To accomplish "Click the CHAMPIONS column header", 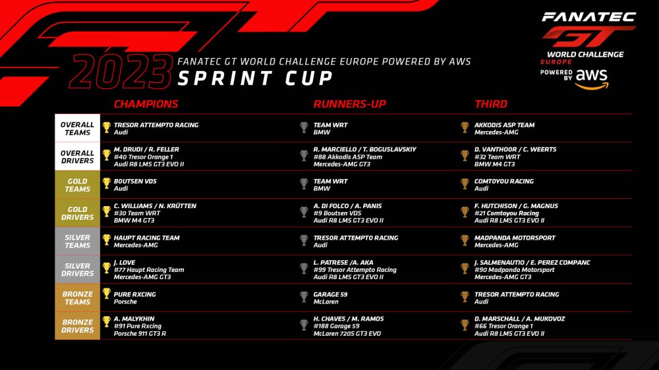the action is pyautogui.click(x=146, y=104).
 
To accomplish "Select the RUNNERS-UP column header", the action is pyautogui.click(x=350, y=104).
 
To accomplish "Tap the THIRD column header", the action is pyautogui.click(x=491, y=104).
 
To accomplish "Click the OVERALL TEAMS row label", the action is pyautogui.click(x=77, y=128).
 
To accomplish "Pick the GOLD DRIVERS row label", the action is pyautogui.click(x=77, y=213).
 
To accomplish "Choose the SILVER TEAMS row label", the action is pyautogui.click(x=77, y=241).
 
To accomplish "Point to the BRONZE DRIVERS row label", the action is pyautogui.click(x=77, y=326).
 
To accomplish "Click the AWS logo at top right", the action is pyautogui.click(x=592, y=79).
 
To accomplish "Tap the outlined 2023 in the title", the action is pyautogui.click(x=121, y=72).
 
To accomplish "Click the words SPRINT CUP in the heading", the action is pyautogui.click(x=255, y=78).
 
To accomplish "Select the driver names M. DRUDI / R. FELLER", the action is pyautogui.click(x=146, y=149).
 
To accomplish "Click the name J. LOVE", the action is pyautogui.click(x=125, y=263).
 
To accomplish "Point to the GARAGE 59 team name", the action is pyautogui.click(x=330, y=294).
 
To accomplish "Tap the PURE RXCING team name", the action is pyautogui.click(x=135, y=294).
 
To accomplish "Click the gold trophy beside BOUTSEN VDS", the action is pyautogui.click(x=107, y=184).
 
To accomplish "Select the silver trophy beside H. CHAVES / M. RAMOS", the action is pyautogui.click(x=304, y=325).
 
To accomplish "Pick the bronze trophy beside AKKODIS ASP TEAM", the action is pyautogui.click(x=465, y=127).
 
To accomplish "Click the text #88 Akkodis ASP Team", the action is pyautogui.click(x=347, y=157).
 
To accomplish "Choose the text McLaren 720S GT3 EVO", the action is pyautogui.click(x=347, y=334).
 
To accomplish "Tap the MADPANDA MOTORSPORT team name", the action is pyautogui.click(x=515, y=238).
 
